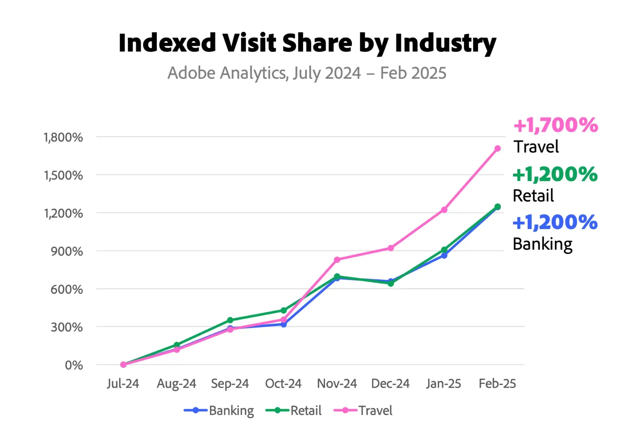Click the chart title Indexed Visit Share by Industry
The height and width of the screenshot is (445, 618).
point(307,43)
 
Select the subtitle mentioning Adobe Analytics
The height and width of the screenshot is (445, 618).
point(307,73)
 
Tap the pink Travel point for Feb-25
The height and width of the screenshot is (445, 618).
point(498,149)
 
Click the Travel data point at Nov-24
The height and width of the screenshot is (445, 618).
point(337,259)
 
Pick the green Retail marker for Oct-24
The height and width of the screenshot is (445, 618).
point(284,310)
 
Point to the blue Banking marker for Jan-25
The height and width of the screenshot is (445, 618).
point(444,255)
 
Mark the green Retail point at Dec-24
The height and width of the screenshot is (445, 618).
point(391,283)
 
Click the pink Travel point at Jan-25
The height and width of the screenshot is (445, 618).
point(444,210)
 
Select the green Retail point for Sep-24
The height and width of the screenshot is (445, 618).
point(230,320)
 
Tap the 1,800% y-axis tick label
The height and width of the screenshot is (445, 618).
point(63,137)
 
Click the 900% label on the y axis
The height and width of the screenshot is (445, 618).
point(67,251)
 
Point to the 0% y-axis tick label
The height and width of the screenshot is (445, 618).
point(74,365)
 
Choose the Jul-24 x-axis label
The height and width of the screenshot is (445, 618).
point(123,384)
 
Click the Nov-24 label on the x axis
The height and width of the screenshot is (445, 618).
point(337,384)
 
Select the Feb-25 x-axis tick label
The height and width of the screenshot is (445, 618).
point(497,384)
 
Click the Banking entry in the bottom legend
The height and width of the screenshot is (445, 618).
point(231,411)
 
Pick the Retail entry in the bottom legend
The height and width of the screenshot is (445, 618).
point(306,411)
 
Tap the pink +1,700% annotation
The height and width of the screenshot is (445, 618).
point(556,125)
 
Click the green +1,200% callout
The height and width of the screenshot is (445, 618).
point(555,175)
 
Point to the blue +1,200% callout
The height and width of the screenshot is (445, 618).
point(555,222)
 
